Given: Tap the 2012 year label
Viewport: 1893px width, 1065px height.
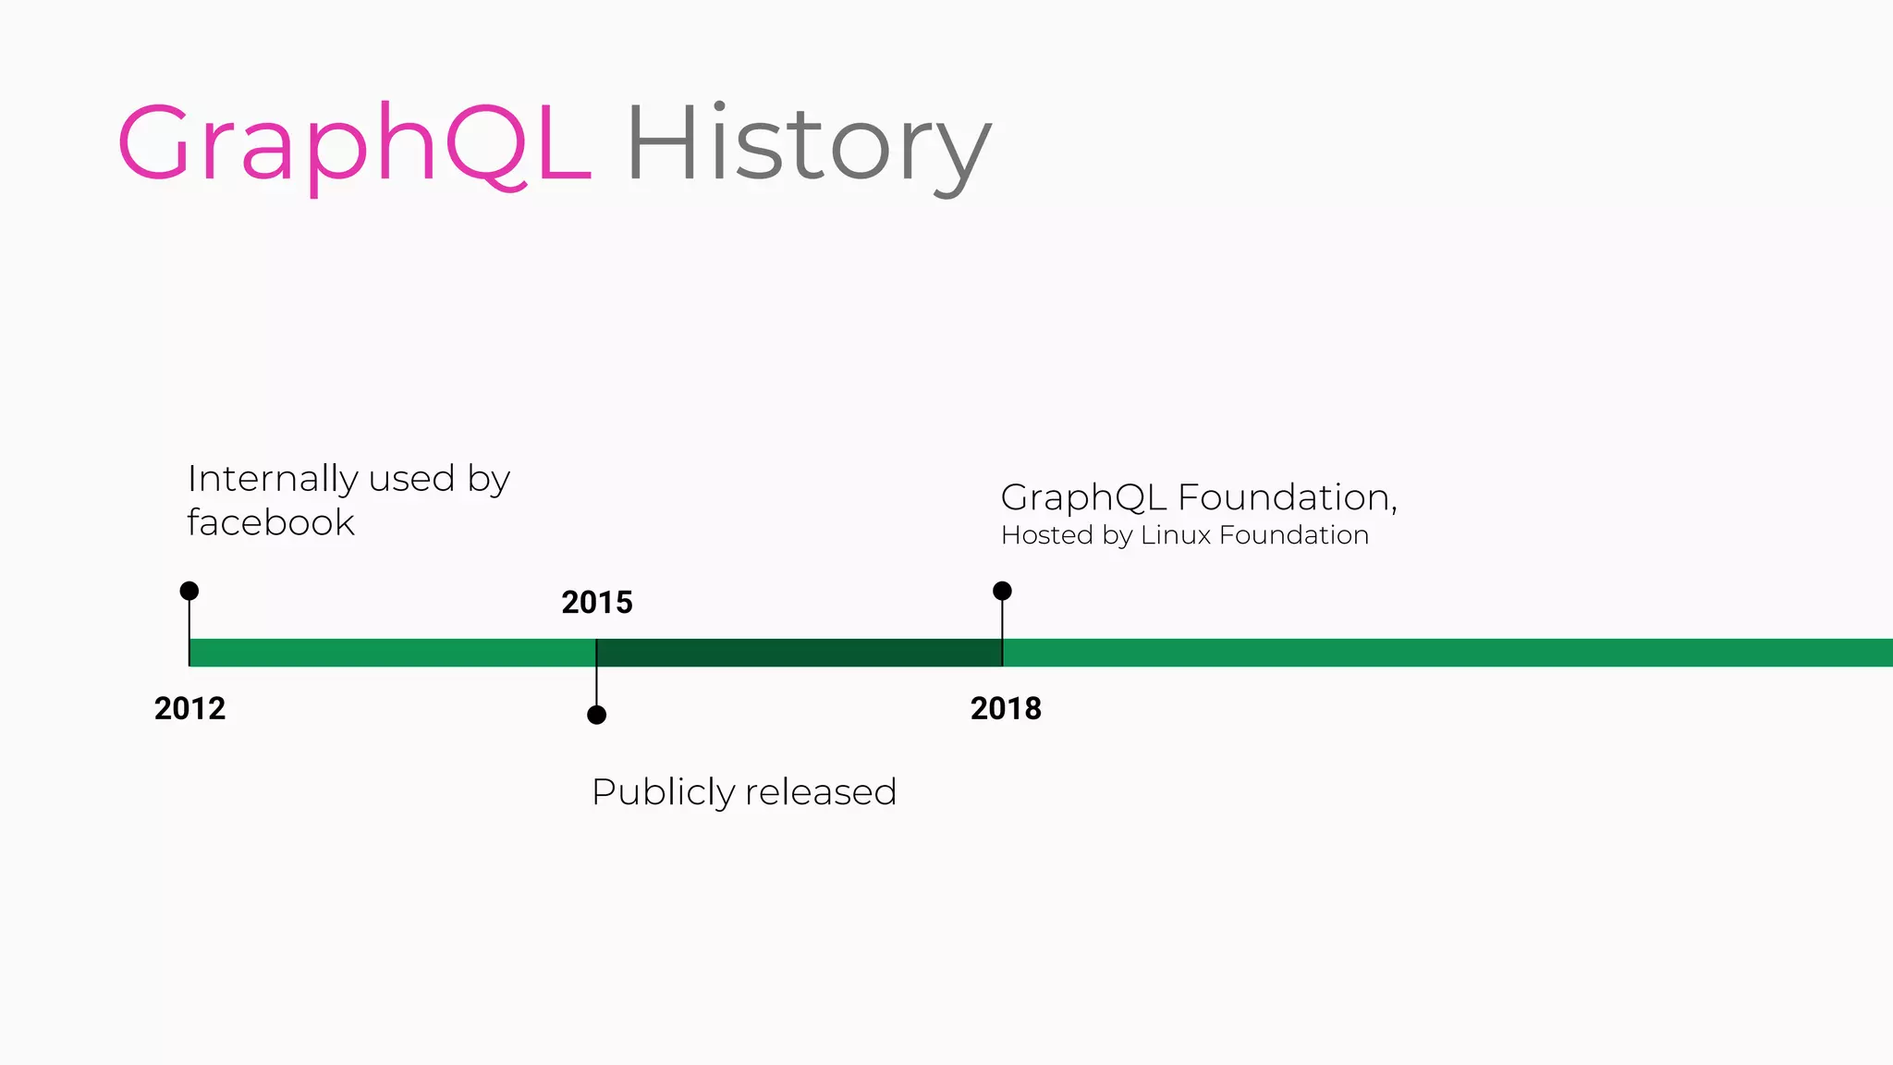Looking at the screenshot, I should coord(189,709).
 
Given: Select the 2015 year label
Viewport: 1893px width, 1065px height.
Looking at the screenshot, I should coord(597,603).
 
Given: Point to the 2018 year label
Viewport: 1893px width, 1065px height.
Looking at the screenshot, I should coord(1006,709).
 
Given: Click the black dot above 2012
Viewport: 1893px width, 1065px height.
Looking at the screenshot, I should coord(189,591).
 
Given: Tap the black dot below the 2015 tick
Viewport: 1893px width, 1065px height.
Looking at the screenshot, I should coord(597,715).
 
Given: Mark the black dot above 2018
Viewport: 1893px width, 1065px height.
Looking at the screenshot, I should coord(1002,591).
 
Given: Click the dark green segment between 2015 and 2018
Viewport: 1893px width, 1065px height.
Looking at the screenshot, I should coord(800,653).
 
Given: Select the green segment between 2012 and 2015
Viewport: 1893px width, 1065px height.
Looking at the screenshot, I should coord(393,653).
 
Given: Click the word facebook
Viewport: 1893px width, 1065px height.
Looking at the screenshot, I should coord(271,523).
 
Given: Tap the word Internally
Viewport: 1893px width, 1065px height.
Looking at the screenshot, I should coord(273,480).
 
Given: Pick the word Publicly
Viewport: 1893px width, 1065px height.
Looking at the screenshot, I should coord(663,793).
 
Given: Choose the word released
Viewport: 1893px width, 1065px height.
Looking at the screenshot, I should coord(821,792).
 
